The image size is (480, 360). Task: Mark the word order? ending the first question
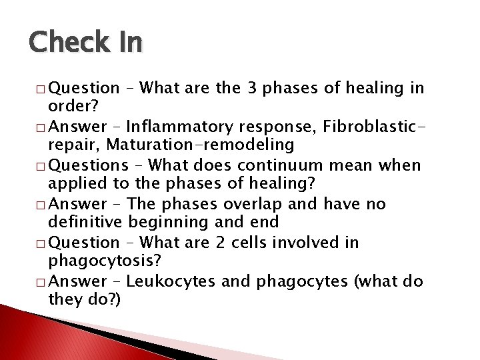click(71, 106)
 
